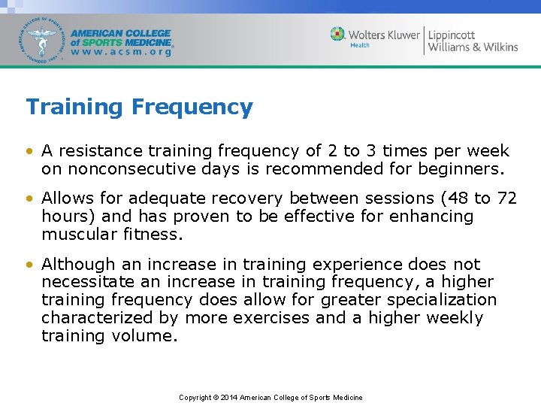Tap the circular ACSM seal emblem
pyautogui.click(x=44, y=40)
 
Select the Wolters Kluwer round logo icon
pyautogui.click(x=338, y=34)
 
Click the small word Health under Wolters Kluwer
pyautogui.click(x=360, y=46)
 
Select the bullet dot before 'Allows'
pyautogui.click(x=29, y=199)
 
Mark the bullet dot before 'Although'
pyautogui.click(x=29, y=265)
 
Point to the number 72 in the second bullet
pyautogui.click(x=507, y=198)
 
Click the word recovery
pyautogui.click(x=248, y=198)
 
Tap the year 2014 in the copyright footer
pyautogui.click(x=230, y=398)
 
